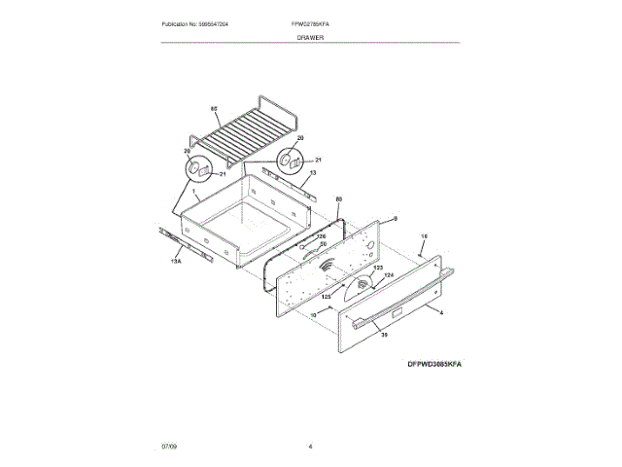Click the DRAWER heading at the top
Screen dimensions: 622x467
[311, 36]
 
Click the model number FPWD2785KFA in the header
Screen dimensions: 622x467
[310, 22]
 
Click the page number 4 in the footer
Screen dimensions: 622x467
[310, 446]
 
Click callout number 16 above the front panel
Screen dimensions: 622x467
[423, 236]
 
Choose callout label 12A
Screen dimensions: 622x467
[390, 275]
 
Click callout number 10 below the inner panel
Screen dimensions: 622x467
[315, 315]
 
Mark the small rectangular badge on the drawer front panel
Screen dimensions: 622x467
[397, 311]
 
